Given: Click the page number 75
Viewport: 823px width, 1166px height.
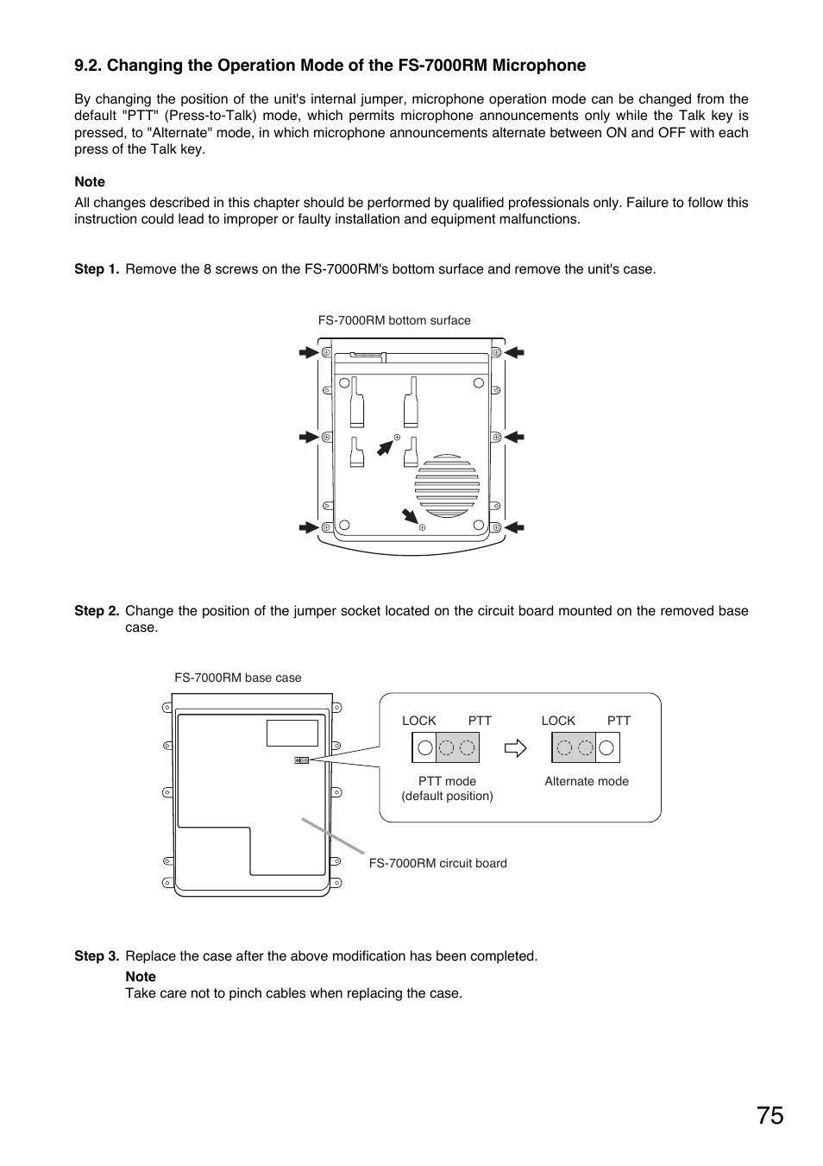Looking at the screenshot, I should [770, 1116].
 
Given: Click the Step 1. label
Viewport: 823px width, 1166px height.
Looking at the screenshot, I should [97, 269].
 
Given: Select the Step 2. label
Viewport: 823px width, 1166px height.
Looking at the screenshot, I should [97, 611].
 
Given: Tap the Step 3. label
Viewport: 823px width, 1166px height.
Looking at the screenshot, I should [97, 956].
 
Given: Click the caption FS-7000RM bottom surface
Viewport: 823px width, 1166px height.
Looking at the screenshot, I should [394, 320].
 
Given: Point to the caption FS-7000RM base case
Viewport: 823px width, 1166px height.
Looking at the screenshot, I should [238, 678].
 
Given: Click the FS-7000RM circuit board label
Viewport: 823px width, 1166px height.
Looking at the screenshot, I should [437, 863].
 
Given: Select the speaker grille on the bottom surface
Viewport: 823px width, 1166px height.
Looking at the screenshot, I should [447, 486].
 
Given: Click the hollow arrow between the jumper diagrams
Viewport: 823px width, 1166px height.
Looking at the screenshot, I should [516, 748].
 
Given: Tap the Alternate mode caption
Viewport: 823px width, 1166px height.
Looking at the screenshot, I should [587, 781].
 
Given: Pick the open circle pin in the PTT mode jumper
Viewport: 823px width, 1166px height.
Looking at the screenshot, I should [424, 748].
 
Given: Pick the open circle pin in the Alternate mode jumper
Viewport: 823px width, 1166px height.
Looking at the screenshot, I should [607, 748].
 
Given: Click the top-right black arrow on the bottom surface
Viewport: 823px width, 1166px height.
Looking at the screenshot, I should [515, 352].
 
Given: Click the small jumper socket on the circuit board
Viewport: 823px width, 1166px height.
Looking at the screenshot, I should [302, 760].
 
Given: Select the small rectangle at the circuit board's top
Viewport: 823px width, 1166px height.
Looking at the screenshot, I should [292, 733].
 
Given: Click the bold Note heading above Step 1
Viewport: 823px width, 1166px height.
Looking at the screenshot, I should [90, 182].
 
